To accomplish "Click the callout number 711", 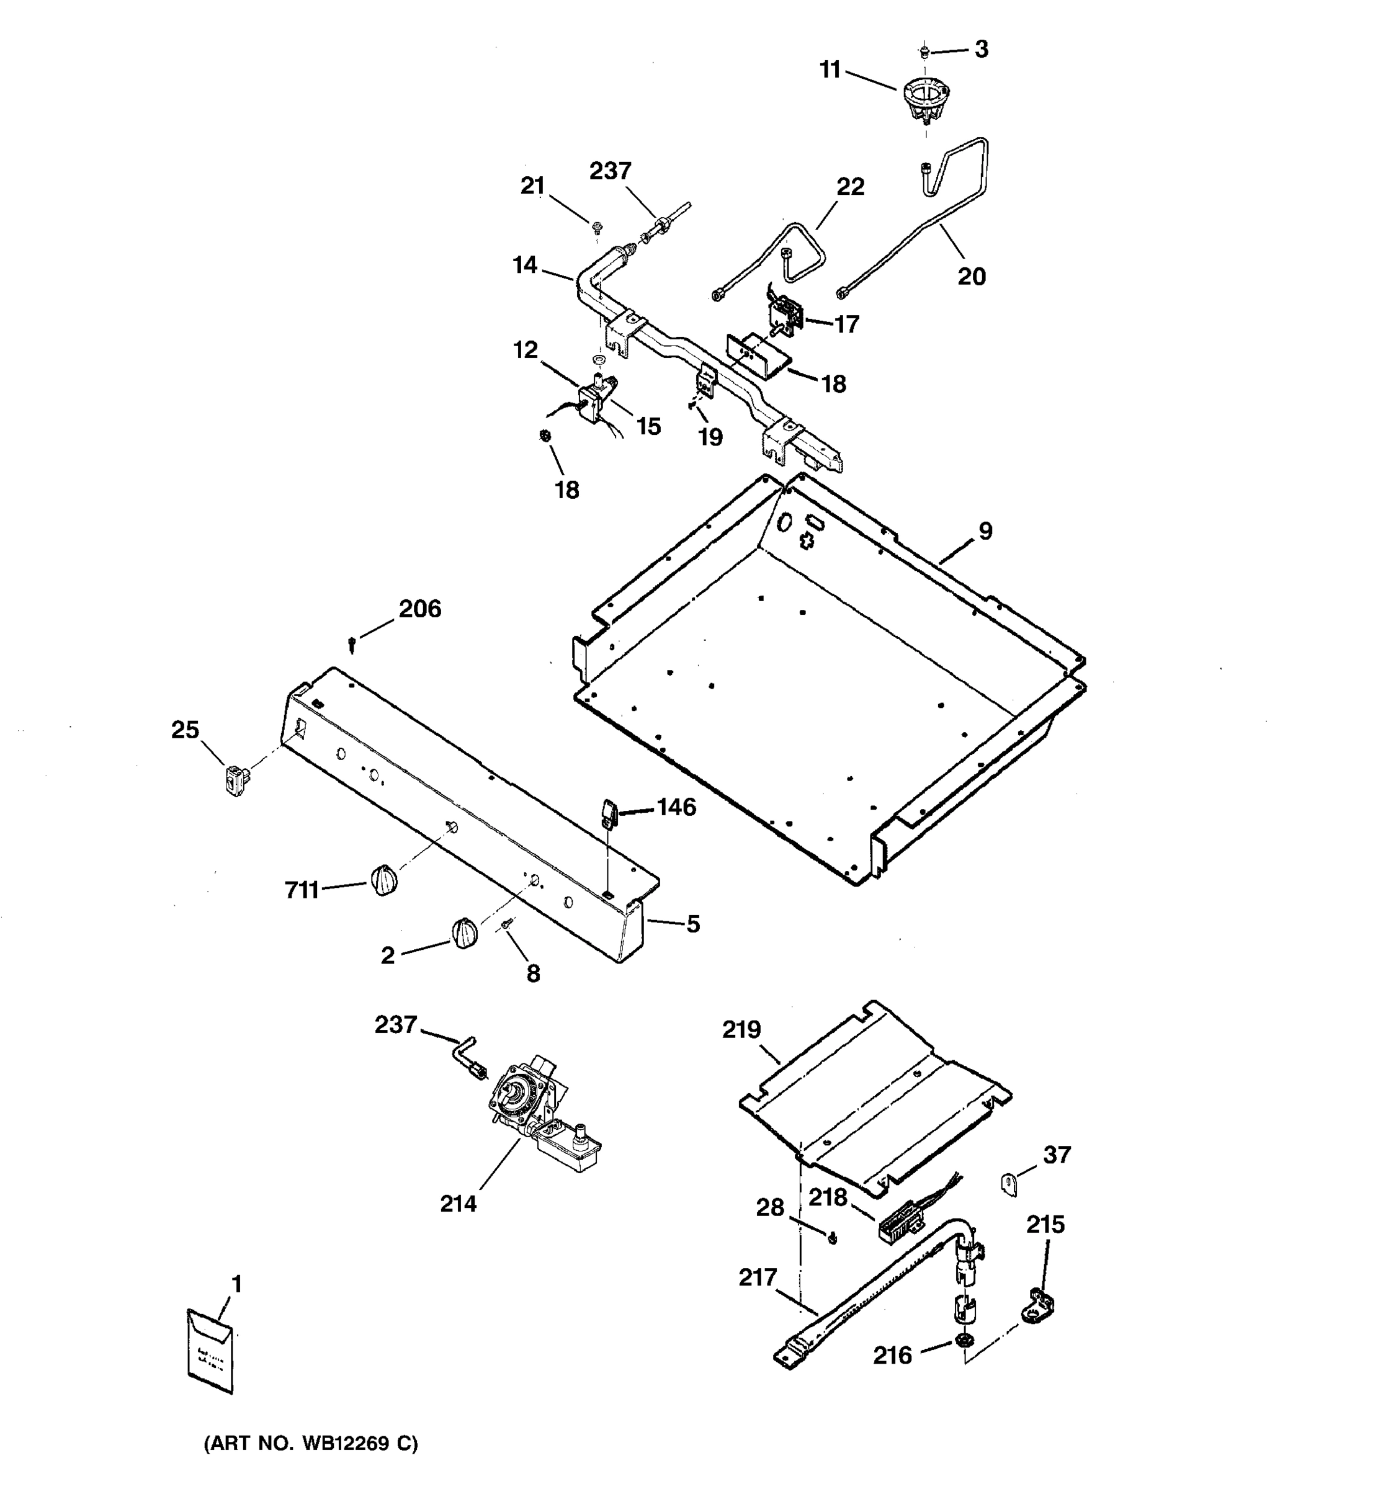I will [x=302, y=890].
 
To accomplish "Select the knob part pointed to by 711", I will [x=383, y=879].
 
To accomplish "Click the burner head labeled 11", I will [x=921, y=102].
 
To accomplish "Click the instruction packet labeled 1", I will [x=210, y=1351].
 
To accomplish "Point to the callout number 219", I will [x=741, y=1030].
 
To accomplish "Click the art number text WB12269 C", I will [x=311, y=1443].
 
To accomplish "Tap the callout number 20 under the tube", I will [x=972, y=276].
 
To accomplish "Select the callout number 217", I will [x=758, y=1277].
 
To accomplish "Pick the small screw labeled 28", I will [x=833, y=1240].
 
